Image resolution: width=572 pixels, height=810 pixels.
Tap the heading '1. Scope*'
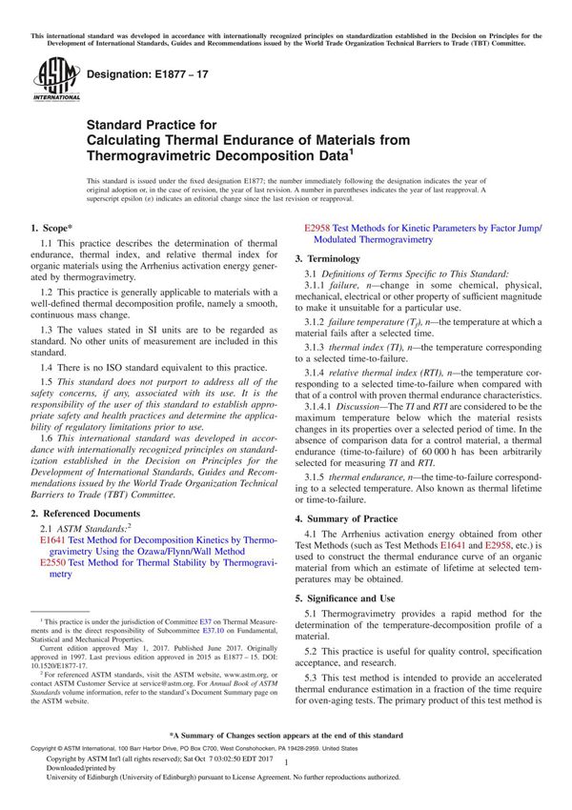(x=55, y=228)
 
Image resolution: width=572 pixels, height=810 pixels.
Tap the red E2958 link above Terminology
(x=317, y=229)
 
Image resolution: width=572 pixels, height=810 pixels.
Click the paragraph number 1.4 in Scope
(x=49, y=339)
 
